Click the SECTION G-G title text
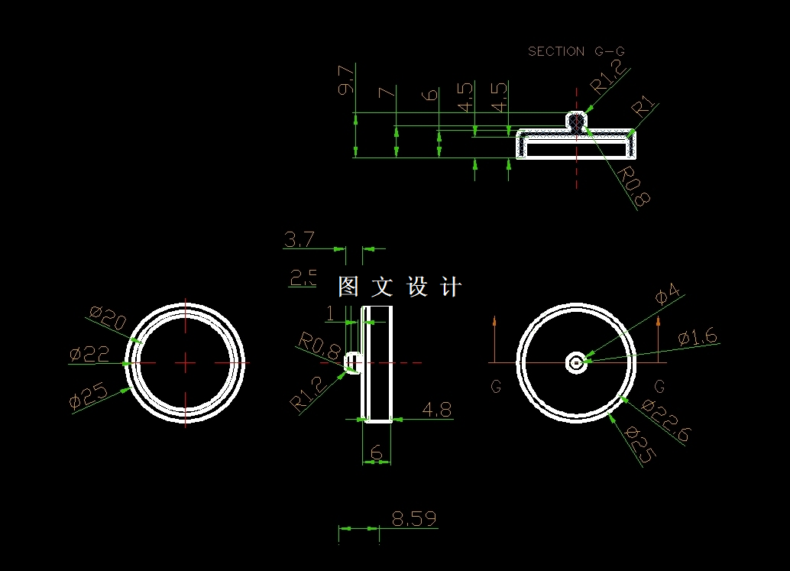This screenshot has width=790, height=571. (x=577, y=51)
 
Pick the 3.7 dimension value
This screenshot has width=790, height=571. (x=299, y=239)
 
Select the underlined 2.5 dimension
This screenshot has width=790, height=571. (x=303, y=277)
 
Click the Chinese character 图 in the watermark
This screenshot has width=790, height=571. (x=348, y=287)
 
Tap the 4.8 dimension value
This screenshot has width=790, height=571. (x=437, y=409)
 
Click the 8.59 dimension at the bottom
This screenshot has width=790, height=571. (x=414, y=519)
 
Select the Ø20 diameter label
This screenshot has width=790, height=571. (x=108, y=316)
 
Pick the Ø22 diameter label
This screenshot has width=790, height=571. (x=89, y=354)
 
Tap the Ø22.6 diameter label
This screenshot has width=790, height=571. (x=667, y=420)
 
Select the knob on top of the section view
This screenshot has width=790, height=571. (x=576, y=120)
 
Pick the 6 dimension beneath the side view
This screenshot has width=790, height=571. (x=376, y=453)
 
